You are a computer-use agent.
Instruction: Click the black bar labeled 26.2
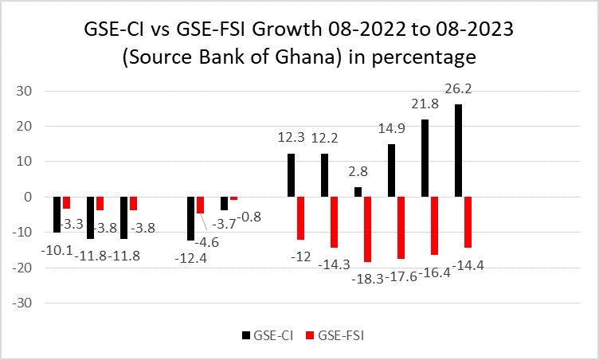pyautogui.click(x=458, y=151)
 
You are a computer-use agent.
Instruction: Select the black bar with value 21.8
pyautogui.click(x=425, y=158)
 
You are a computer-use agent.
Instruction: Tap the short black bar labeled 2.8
pyautogui.click(x=358, y=192)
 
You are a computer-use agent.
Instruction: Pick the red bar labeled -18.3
pyautogui.click(x=367, y=229)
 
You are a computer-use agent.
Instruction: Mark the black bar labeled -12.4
pyautogui.click(x=191, y=218)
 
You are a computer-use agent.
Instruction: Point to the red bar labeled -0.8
pyautogui.click(x=233, y=198)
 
